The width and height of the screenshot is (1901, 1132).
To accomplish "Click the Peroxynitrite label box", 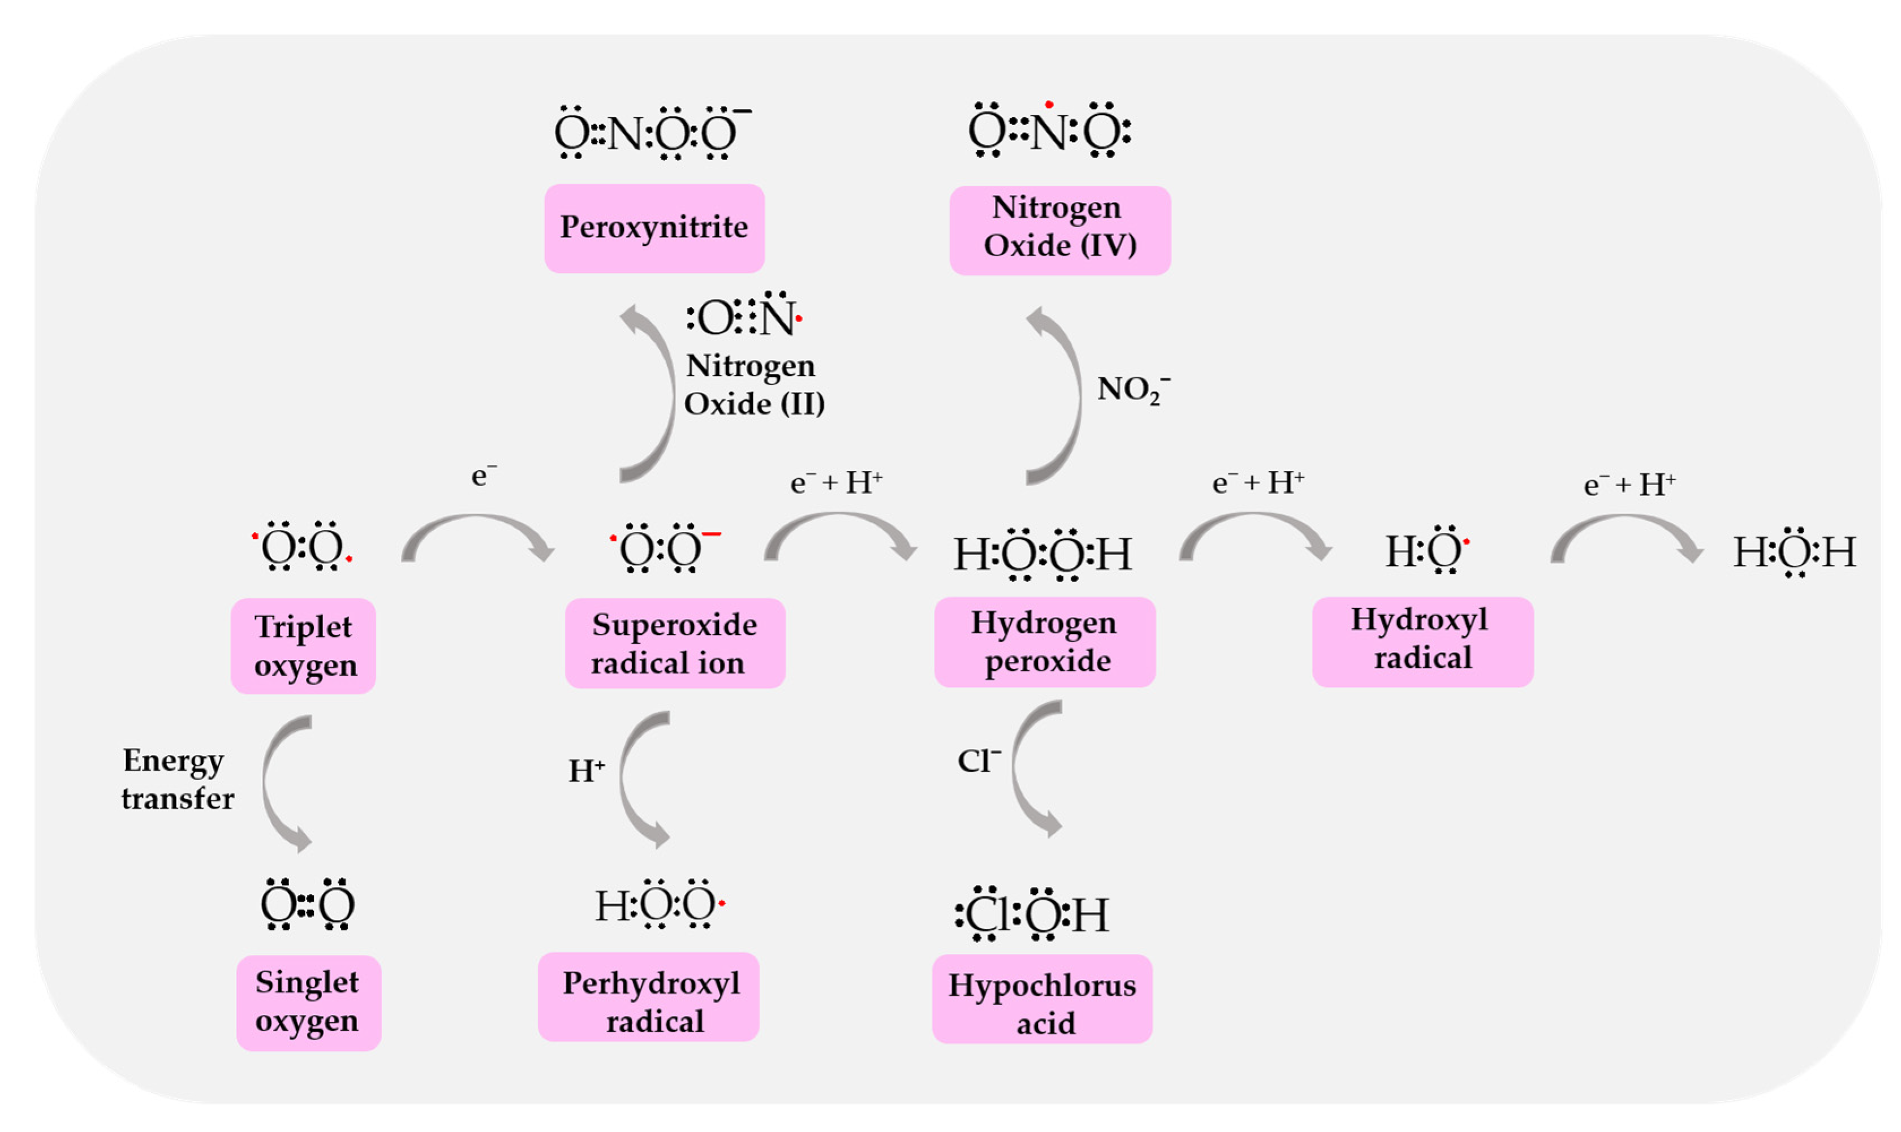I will pyautogui.click(x=654, y=228).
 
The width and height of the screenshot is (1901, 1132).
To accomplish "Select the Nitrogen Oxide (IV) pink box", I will pyautogui.click(x=1059, y=230).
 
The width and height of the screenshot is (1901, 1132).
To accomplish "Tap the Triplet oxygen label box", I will pyautogui.click(x=303, y=645).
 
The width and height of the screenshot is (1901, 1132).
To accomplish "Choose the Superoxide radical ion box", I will pyautogui.click(x=674, y=643).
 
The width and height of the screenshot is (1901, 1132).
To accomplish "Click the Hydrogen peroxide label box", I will pyautogui.click(x=1044, y=642).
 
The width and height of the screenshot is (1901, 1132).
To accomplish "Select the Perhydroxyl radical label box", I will pyautogui.click(x=648, y=996).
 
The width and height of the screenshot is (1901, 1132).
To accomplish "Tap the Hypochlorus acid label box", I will pyautogui.click(x=1042, y=999).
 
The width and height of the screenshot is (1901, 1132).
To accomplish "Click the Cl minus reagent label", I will pyautogui.click(x=978, y=761).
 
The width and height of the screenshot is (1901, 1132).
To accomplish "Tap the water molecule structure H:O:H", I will pyautogui.click(x=1794, y=552).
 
